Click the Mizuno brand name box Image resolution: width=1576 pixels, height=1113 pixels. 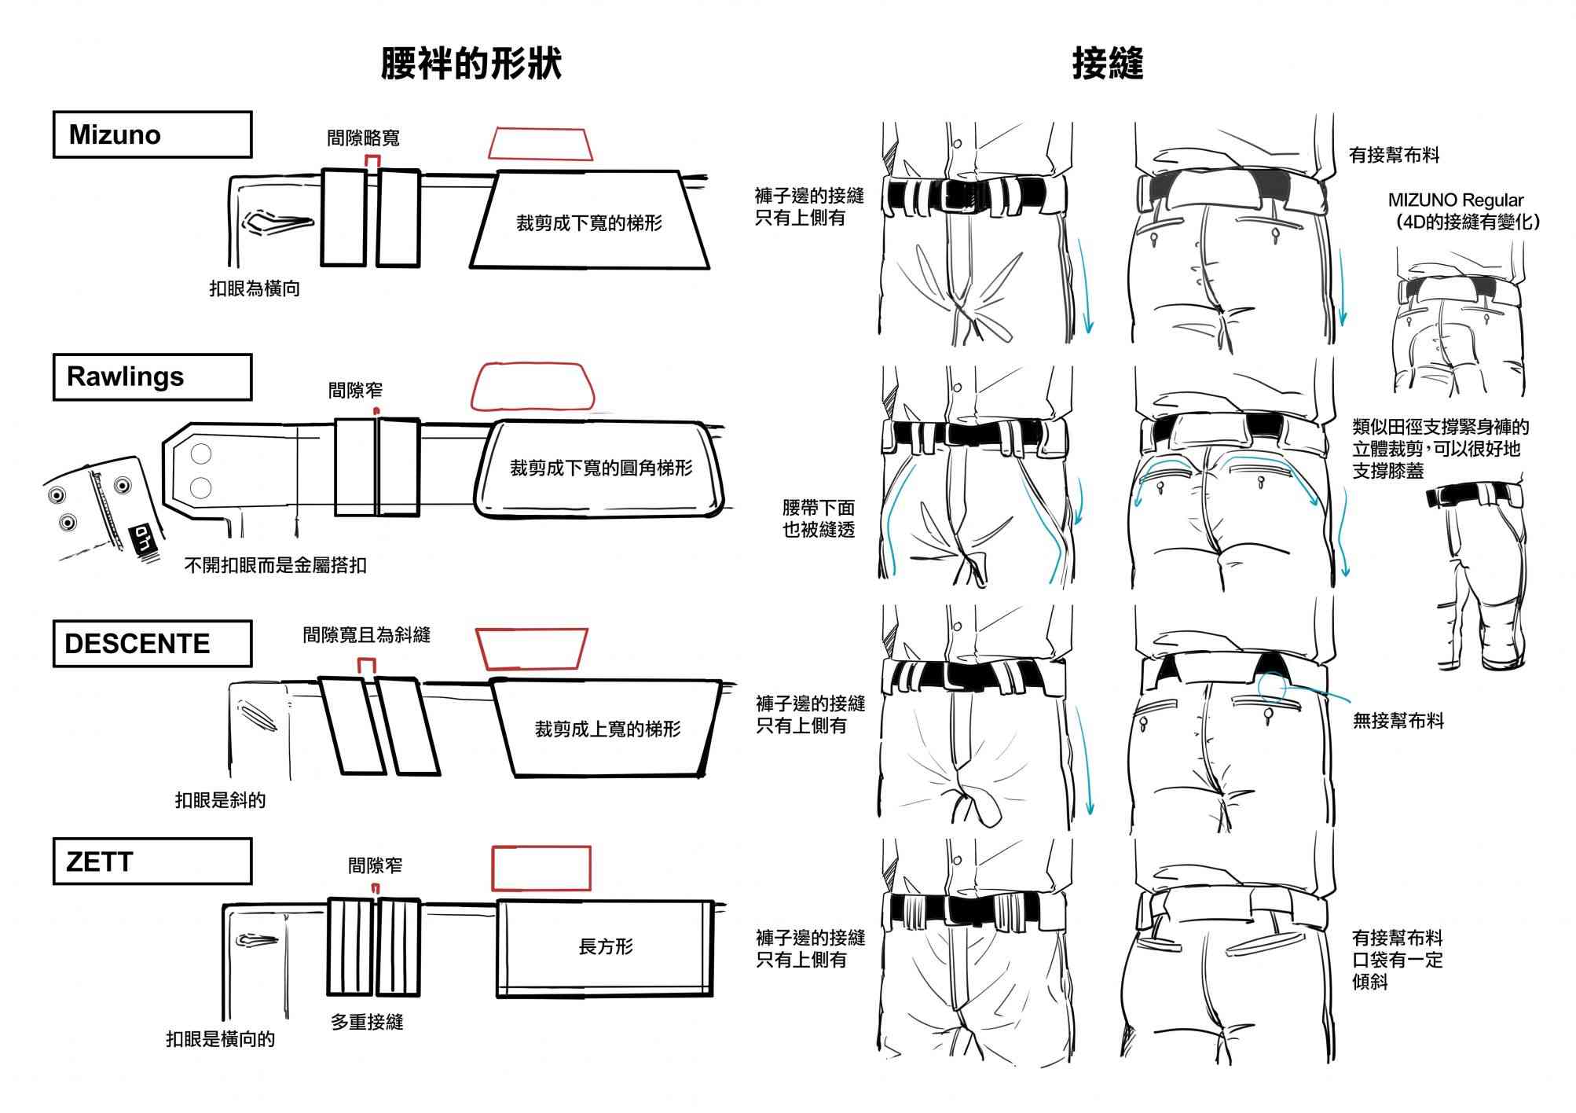point(152,134)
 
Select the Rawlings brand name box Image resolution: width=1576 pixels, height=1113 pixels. point(152,377)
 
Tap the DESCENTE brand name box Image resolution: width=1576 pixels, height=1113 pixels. point(152,644)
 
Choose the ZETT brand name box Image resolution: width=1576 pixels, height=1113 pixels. point(152,861)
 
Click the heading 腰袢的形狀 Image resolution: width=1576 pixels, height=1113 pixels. point(471,64)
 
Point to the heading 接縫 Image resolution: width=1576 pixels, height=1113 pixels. point(1107,64)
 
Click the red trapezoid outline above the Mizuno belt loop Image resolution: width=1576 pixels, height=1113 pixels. point(540,144)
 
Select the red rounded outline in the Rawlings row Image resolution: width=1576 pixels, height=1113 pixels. point(532,386)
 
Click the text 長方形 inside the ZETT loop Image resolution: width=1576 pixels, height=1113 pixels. point(605,947)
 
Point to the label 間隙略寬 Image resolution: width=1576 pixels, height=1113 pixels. point(363,138)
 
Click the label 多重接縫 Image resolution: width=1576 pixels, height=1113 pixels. point(367,1022)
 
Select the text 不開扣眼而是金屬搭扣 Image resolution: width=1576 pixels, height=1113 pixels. point(275,565)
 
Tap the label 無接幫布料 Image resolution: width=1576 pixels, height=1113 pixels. point(1398,721)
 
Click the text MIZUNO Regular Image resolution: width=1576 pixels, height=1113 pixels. point(1455,200)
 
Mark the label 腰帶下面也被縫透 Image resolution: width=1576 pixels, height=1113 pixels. point(818,519)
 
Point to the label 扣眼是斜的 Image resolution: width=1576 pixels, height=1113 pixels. point(220,800)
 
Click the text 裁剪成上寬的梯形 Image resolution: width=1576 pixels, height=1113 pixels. point(607,729)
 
